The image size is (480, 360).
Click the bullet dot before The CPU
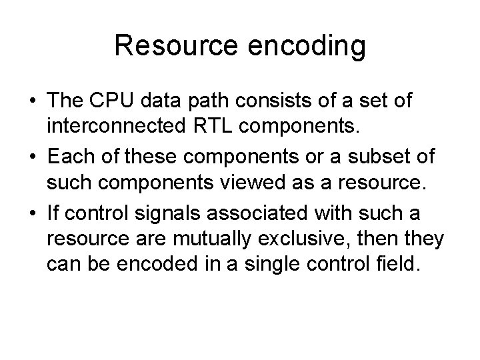(33, 102)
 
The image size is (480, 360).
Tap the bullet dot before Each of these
(33, 157)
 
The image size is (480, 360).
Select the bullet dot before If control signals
(33, 211)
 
